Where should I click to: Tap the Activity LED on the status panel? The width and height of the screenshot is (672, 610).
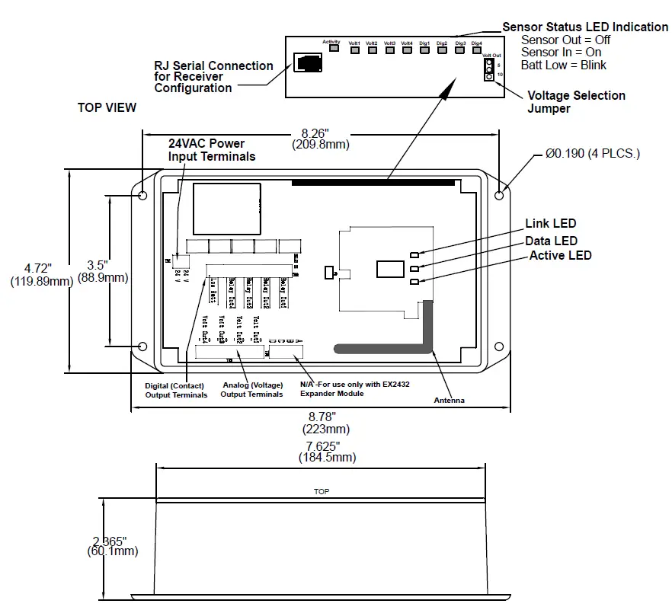tap(332, 50)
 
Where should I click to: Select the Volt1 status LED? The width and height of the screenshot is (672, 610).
tap(354, 51)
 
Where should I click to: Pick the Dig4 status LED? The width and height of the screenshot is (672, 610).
tap(477, 51)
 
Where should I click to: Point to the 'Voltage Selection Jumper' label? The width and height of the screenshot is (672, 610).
tap(576, 102)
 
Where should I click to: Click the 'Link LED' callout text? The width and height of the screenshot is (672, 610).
tap(550, 224)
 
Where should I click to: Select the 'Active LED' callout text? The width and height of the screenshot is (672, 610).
tap(560, 256)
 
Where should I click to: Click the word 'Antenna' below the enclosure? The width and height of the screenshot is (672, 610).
tap(449, 401)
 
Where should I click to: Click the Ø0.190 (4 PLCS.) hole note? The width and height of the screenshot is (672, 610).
tap(592, 154)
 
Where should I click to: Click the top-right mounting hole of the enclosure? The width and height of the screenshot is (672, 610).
tap(498, 195)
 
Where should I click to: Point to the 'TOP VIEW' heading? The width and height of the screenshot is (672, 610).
tap(107, 108)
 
